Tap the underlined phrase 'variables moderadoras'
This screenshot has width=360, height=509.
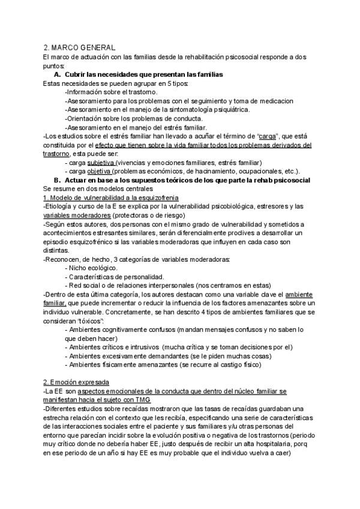77,215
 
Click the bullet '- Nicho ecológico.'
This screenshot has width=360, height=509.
91,268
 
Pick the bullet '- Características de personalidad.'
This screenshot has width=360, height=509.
114,277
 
